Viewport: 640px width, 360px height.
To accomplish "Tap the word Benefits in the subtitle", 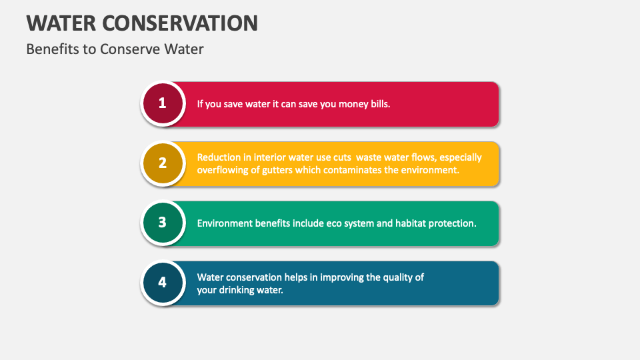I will (51, 49).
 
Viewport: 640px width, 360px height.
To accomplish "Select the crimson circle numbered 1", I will (162, 103).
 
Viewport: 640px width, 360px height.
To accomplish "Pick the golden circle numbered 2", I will (162, 163).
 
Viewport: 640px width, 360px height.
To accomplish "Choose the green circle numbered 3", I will (162, 223).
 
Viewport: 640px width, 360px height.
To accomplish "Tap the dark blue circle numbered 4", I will (162, 283).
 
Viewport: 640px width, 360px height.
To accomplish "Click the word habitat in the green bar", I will (411, 223).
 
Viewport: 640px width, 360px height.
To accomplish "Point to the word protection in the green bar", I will (453, 223).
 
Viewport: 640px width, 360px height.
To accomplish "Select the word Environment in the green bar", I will (225, 223).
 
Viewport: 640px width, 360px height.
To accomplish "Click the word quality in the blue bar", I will (399, 277).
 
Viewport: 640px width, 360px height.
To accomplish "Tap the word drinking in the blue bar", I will (238, 290).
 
